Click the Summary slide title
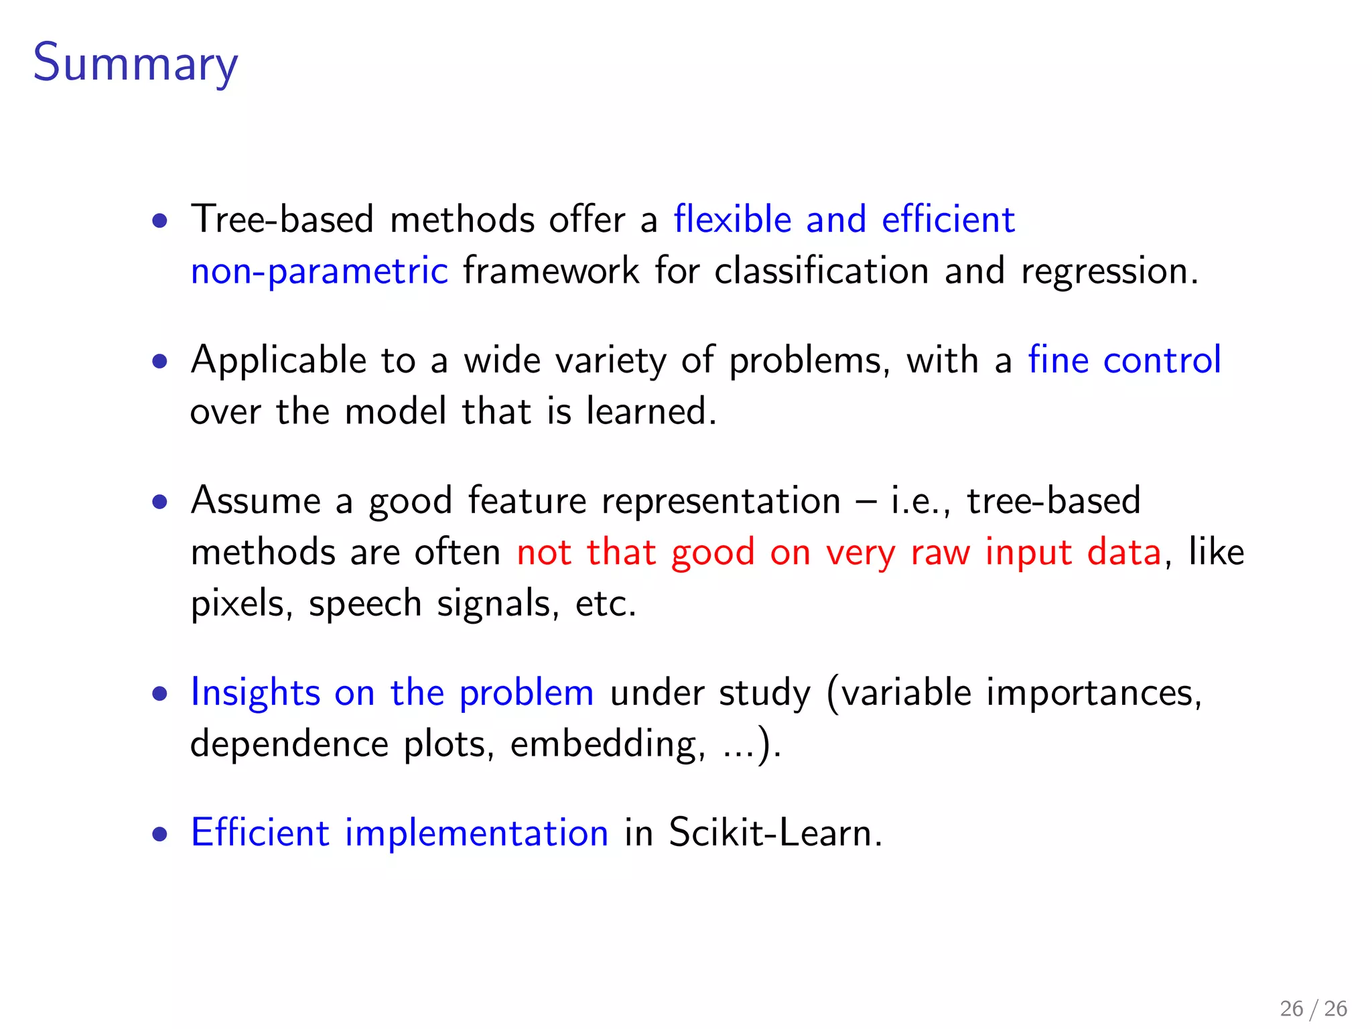click(135, 63)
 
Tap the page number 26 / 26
click(1313, 1008)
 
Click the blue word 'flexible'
click(732, 220)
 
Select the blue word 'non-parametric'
click(319, 272)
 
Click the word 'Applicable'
click(278, 360)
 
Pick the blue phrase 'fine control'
click(1124, 360)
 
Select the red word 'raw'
click(940, 553)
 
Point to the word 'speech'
click(365, 604)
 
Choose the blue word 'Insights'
click(255, 693)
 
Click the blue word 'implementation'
click(476, 833)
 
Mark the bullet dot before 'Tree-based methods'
click(159, 221)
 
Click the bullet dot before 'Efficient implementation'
click(159, 835)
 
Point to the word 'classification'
click(821, 272)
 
